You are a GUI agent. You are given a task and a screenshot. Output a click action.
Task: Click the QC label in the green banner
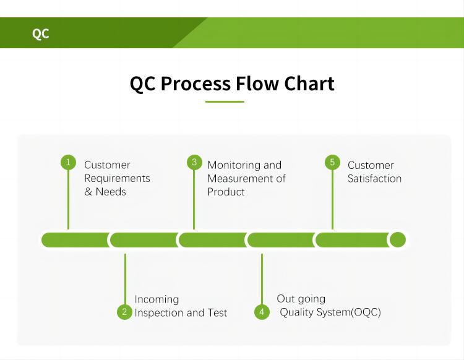(x=40, y=33)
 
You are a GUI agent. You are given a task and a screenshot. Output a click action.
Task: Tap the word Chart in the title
(x=309, y=84)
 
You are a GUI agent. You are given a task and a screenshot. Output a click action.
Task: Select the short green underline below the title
(x=225, y=101)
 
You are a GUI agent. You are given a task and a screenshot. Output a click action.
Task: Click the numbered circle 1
(x=68, y=163)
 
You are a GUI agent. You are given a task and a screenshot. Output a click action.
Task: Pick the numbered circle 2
(x=124, y=312)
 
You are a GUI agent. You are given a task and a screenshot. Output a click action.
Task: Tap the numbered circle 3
(x=194, y=163)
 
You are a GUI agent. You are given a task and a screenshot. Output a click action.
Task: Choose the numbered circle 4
(x=262, y=312)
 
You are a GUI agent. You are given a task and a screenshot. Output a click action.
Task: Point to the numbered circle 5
(x=332, y=163)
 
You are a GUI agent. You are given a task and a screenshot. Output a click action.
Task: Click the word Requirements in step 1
(x=117, y=178)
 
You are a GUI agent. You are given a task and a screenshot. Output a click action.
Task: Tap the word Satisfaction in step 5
(x=374, y=179)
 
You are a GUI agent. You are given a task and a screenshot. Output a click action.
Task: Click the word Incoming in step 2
(x=157, y=299)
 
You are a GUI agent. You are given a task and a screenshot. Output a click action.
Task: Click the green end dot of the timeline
(x=398, y=240)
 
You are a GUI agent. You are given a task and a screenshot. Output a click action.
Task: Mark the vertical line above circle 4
(x=262, y=278)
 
